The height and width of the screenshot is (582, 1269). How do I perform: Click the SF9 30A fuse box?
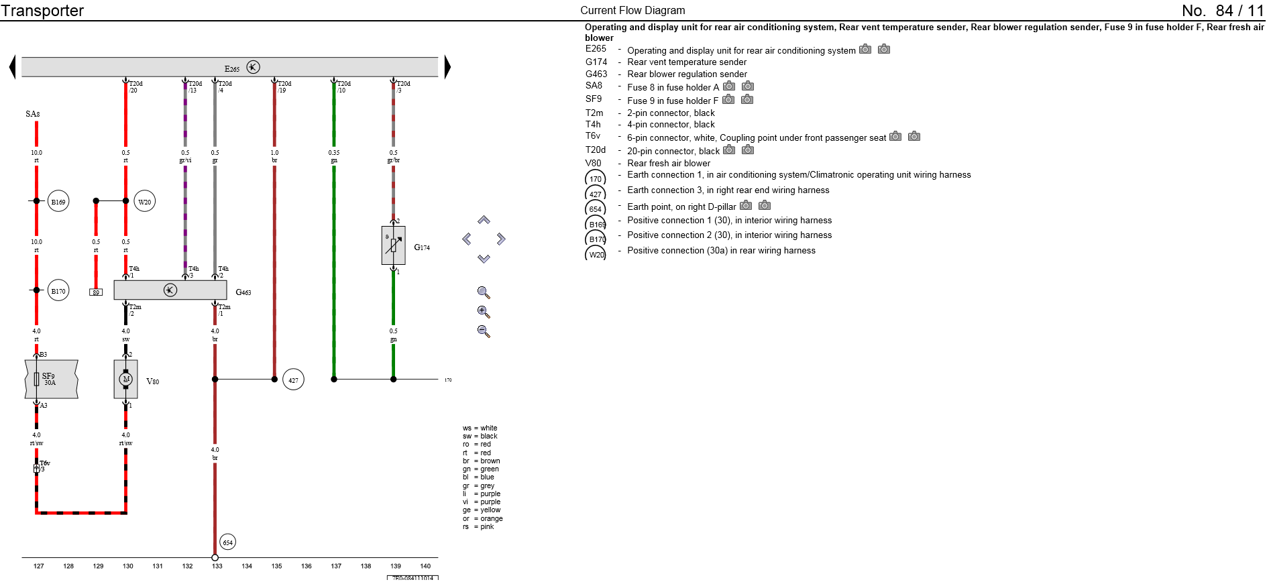(51, 379)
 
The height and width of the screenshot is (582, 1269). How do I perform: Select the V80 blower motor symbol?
(125, 379)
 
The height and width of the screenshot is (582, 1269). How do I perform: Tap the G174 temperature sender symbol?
(393, 245)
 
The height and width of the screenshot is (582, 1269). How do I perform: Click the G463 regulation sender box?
(170, 290)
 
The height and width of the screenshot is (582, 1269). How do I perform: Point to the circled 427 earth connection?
(293, 380)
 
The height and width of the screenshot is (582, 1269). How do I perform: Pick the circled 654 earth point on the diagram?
(228, 542)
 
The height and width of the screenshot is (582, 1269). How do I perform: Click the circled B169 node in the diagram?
(58, 201)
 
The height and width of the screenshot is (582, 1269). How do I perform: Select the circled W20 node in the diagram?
(145, 201)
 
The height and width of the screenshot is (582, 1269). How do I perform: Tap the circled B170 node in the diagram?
(58, 290)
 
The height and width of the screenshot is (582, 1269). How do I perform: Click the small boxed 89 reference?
(96, 292)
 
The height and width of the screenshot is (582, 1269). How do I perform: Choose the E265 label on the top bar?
(232, 68)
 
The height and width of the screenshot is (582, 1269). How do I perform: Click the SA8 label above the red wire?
(33, 114)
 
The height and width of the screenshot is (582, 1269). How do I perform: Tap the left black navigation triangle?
(12, 67)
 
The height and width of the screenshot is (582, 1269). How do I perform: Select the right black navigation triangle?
(447, 67)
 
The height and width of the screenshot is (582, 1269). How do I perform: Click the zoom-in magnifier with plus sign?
(484, 312)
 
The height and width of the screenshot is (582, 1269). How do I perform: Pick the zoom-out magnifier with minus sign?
(484, 331)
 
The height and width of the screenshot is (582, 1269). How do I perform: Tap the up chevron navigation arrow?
(484, 220)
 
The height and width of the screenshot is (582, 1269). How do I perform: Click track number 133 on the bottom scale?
(217, 566)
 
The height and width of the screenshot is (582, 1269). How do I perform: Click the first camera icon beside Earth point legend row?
(745, 206)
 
